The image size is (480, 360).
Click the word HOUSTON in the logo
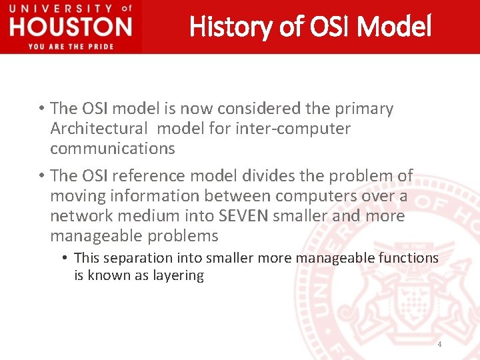click(x=71, y=27)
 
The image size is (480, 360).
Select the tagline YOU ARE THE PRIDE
click(x=71, y=46)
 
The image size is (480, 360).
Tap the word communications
click(x=112, y=149)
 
